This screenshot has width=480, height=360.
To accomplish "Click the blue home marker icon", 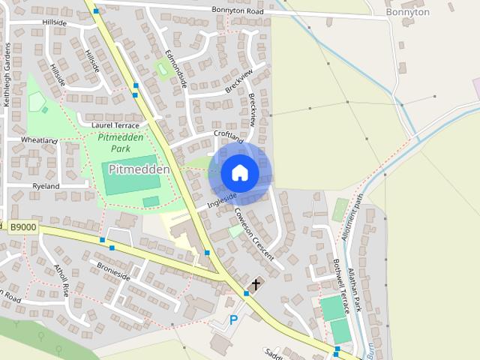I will [239, 172].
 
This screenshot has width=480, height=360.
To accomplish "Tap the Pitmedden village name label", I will [139, 169].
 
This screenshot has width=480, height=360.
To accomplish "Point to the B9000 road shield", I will [23, 226].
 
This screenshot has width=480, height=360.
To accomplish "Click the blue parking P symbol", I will [233, 320].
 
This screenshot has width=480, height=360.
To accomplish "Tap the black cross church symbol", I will [256, 284].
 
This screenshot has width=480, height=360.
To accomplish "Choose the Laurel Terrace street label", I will [115, 125].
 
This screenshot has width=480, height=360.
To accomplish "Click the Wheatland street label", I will [39, 140].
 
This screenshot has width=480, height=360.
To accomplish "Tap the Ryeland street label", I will [46, 186].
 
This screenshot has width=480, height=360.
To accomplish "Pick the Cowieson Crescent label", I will [254, 234].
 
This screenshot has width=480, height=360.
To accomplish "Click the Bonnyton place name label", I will [406, 13].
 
